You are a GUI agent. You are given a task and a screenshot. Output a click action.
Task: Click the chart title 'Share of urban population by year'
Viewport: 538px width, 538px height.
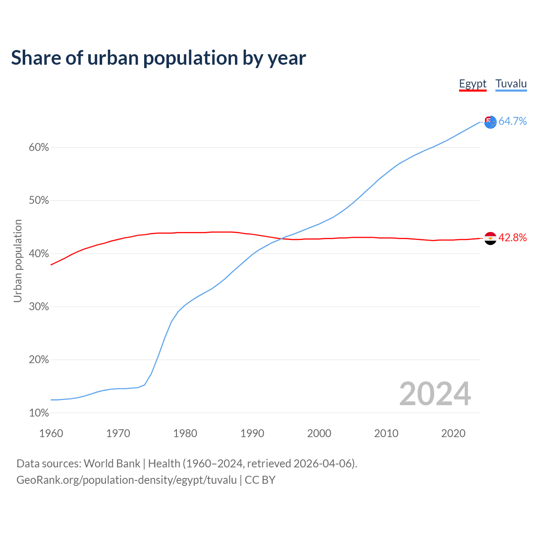click(x=158, y=58)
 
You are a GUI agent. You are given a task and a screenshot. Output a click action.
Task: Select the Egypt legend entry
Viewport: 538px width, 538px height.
click(x=472, y=84)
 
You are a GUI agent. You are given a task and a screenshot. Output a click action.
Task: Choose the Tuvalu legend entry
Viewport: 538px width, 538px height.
click(x=511, y=84)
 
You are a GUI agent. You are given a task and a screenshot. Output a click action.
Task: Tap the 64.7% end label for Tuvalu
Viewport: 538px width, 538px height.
click(x=512, y=121)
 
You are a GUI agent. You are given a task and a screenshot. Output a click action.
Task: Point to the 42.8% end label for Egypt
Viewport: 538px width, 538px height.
click(x=512, y=238)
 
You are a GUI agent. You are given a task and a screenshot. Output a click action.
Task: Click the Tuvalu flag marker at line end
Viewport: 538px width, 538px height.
click(x=491, y=122)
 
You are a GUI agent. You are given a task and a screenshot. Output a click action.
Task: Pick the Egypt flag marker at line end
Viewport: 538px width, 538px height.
click(x=491, y=238)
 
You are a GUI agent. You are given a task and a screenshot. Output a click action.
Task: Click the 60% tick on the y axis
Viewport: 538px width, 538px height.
click(x=39, y=148)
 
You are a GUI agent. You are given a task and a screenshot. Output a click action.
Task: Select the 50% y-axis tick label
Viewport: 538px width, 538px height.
click(x=39, y=200)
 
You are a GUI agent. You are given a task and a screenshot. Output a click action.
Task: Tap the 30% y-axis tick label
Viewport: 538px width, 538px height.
click(x=39, y=307)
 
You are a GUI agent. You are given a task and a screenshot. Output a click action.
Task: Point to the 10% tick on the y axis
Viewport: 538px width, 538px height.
click(x=39, y=413)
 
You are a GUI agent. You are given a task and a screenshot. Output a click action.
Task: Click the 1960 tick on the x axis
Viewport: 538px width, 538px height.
click(x=51, y=433)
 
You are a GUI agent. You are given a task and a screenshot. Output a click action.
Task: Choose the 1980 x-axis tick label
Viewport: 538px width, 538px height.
click(x=185, y=433)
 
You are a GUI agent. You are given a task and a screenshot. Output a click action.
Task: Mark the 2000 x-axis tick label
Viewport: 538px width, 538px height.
click(x=319, y=433)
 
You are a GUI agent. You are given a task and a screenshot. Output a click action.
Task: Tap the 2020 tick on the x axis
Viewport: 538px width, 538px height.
click(x=453, y=433)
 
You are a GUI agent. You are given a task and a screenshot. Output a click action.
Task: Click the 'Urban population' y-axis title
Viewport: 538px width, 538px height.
click(x=18, y=261)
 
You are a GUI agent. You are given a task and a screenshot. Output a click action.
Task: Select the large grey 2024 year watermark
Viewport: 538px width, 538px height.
click(x=435, y=394)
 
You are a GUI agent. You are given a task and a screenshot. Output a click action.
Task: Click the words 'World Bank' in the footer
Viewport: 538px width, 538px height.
click(x=112, y=464)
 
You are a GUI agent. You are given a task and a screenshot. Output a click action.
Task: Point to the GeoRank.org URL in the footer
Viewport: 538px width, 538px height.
click(x=127, y=480)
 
